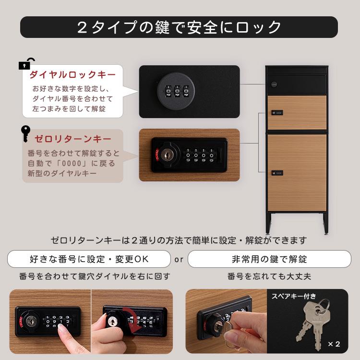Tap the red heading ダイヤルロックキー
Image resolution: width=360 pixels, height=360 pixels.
(72, 75)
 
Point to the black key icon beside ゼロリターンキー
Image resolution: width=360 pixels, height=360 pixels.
(25, 134)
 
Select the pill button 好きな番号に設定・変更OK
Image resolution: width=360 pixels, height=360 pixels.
(89, 259)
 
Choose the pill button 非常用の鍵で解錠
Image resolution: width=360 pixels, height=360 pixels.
(269, 259)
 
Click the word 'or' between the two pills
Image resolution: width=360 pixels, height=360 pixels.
(179, 260)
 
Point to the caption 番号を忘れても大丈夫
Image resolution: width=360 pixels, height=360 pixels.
(269, 276)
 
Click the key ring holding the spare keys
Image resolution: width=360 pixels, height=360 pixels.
(323, 304)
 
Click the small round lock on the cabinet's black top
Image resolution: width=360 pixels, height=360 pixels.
(275, 84)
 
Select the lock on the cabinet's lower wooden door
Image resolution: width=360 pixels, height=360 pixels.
(277, 171)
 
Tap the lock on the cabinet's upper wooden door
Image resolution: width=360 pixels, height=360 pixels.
(277, 113)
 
